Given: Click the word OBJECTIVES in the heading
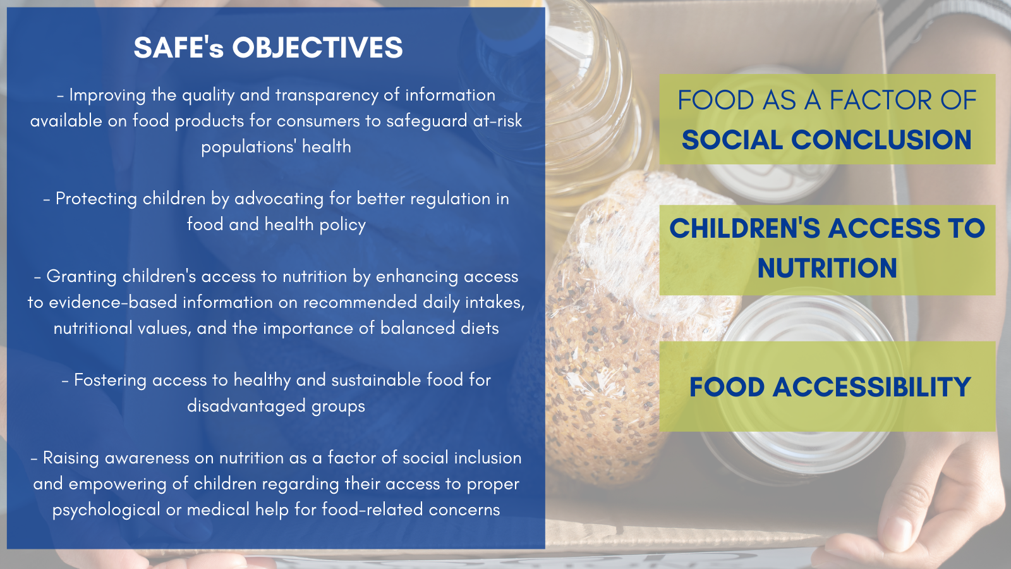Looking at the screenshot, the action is [x=317, y=47].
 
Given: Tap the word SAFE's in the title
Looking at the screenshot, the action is [x=179, y=47].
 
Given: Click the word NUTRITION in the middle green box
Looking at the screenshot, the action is [x=827, y=268].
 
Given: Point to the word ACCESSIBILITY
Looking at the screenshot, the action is [x=871, y=387].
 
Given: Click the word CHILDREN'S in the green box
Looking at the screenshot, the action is [x=745, y=228].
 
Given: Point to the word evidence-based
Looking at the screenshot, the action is [x=113, y=303].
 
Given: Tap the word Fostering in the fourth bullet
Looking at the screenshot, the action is [x=110, y=381].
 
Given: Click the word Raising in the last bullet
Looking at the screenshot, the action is [x=71, y=458].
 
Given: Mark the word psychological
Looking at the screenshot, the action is [x=106, y=510].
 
